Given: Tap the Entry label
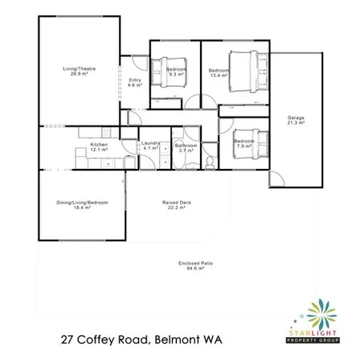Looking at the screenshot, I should point(135,80).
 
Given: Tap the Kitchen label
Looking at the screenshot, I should point(98,144).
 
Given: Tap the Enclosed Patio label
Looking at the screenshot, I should point(196,262).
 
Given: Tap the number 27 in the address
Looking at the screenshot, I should point(71,341).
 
